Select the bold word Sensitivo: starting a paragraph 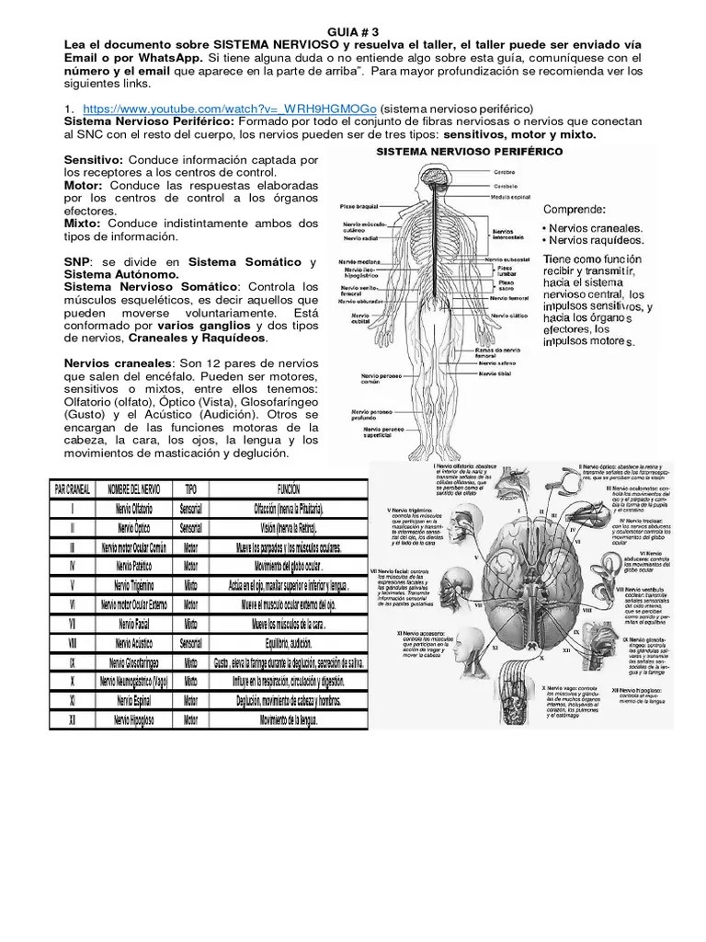[93, 160]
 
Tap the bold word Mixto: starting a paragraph [84, 224]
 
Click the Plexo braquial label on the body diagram [359, 207]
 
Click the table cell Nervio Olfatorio [134, 509]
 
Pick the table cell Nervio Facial [134, 624]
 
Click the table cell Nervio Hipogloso [134, 719]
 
